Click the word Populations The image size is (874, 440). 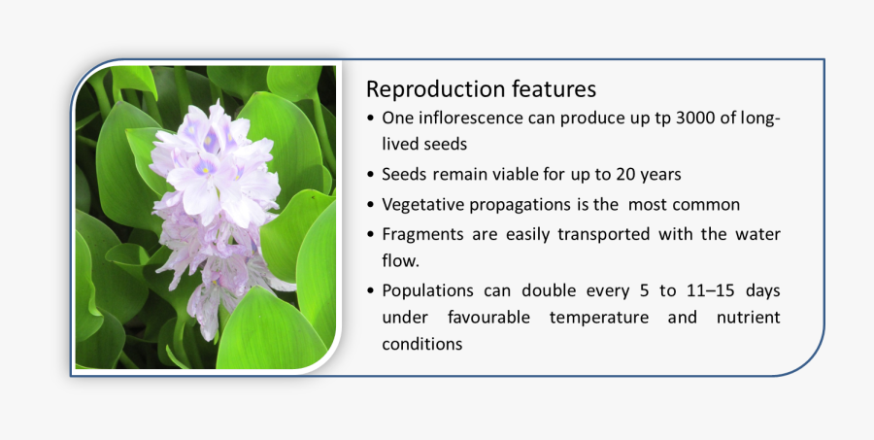pyautogui.click(x=427, y=290)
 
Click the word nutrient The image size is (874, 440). pyautogui.click(x=748, y=318)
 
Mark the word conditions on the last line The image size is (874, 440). pyautogui.click(x=421, y=345)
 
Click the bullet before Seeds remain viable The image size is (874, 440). pyautogui.click(x=373, y=176)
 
